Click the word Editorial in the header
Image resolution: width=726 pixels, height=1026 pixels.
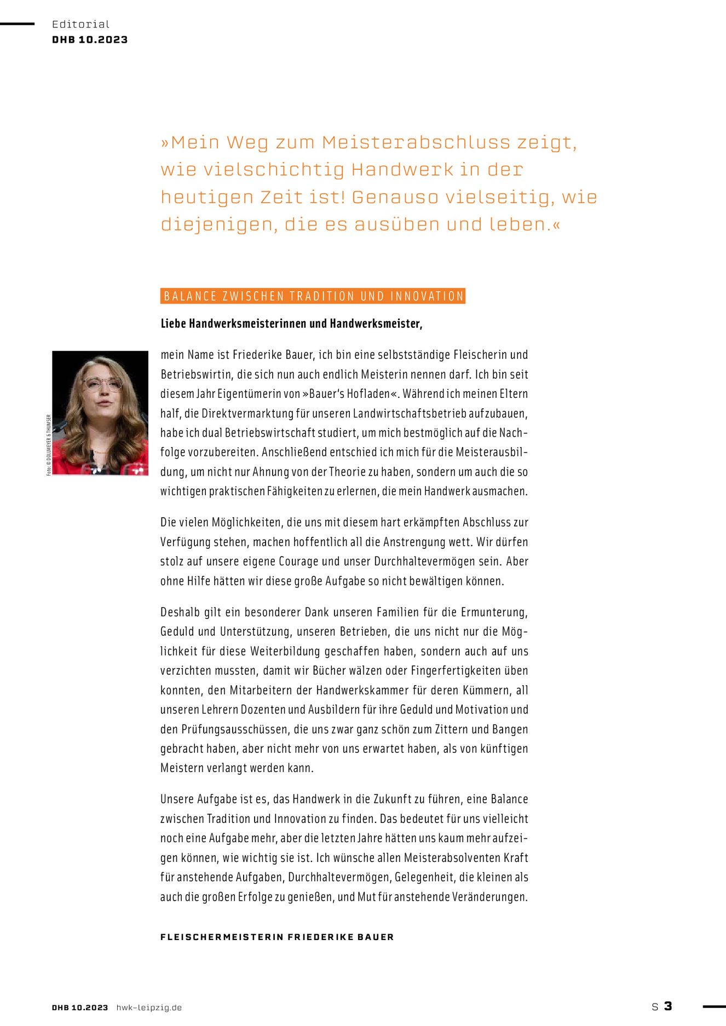tap(80, 24)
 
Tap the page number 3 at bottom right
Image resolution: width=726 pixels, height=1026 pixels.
tap(667, 1006)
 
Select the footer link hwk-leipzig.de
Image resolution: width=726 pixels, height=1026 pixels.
tap(149, 1007)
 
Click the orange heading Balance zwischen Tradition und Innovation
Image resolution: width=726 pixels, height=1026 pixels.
tap(313, 296)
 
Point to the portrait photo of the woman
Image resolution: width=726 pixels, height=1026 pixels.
tap(100, 413)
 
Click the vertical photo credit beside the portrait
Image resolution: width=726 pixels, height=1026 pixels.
tap(49, 444)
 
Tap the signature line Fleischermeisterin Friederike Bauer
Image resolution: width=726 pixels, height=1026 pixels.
tap(277, 937)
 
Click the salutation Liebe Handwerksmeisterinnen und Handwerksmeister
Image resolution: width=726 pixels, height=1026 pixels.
tap(291, 323)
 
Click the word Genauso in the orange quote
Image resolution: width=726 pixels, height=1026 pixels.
tap(394, 197)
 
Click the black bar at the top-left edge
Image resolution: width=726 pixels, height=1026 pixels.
tap(17, 24)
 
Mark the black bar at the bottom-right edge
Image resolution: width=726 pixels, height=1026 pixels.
tap(714, 1006)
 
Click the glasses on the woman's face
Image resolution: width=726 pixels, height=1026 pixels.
tap(102, 384)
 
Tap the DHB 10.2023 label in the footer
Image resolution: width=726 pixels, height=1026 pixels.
tap(80, 1007)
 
